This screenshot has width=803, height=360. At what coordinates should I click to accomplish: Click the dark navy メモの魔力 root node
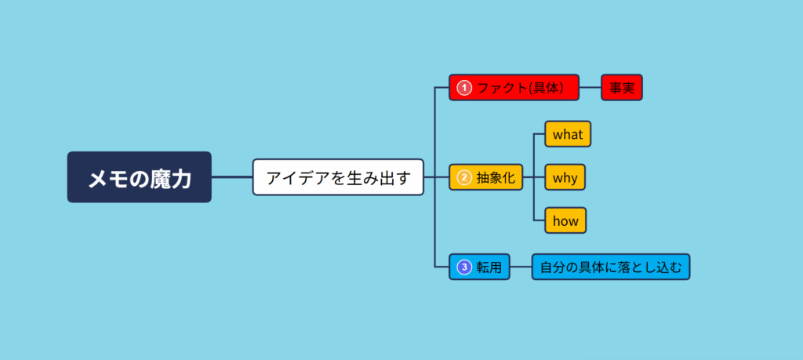139,177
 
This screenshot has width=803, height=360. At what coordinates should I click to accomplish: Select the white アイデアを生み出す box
338,177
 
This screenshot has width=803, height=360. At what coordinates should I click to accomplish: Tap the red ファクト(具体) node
514,88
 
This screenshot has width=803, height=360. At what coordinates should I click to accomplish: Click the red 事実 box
622,88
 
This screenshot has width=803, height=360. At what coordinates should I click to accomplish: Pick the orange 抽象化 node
485,177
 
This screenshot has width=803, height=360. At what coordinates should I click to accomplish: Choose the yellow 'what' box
568,134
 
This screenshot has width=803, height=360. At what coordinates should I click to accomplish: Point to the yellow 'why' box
565,177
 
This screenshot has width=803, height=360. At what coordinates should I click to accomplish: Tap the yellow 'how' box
565,220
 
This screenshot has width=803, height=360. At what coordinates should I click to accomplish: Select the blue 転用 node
480,267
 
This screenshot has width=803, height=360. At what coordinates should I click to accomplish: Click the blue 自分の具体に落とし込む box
611,267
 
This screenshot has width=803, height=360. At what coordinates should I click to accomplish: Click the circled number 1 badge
464,88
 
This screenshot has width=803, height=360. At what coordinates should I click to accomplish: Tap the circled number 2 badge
464,177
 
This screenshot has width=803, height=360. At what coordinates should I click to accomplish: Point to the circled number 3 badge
464,267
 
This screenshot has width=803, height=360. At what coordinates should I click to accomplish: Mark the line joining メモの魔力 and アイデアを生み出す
232,177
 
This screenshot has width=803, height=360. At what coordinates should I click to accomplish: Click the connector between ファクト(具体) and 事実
590,88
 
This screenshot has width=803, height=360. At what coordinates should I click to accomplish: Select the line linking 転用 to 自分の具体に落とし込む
521,267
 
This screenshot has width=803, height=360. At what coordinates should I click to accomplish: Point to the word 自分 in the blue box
554,267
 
